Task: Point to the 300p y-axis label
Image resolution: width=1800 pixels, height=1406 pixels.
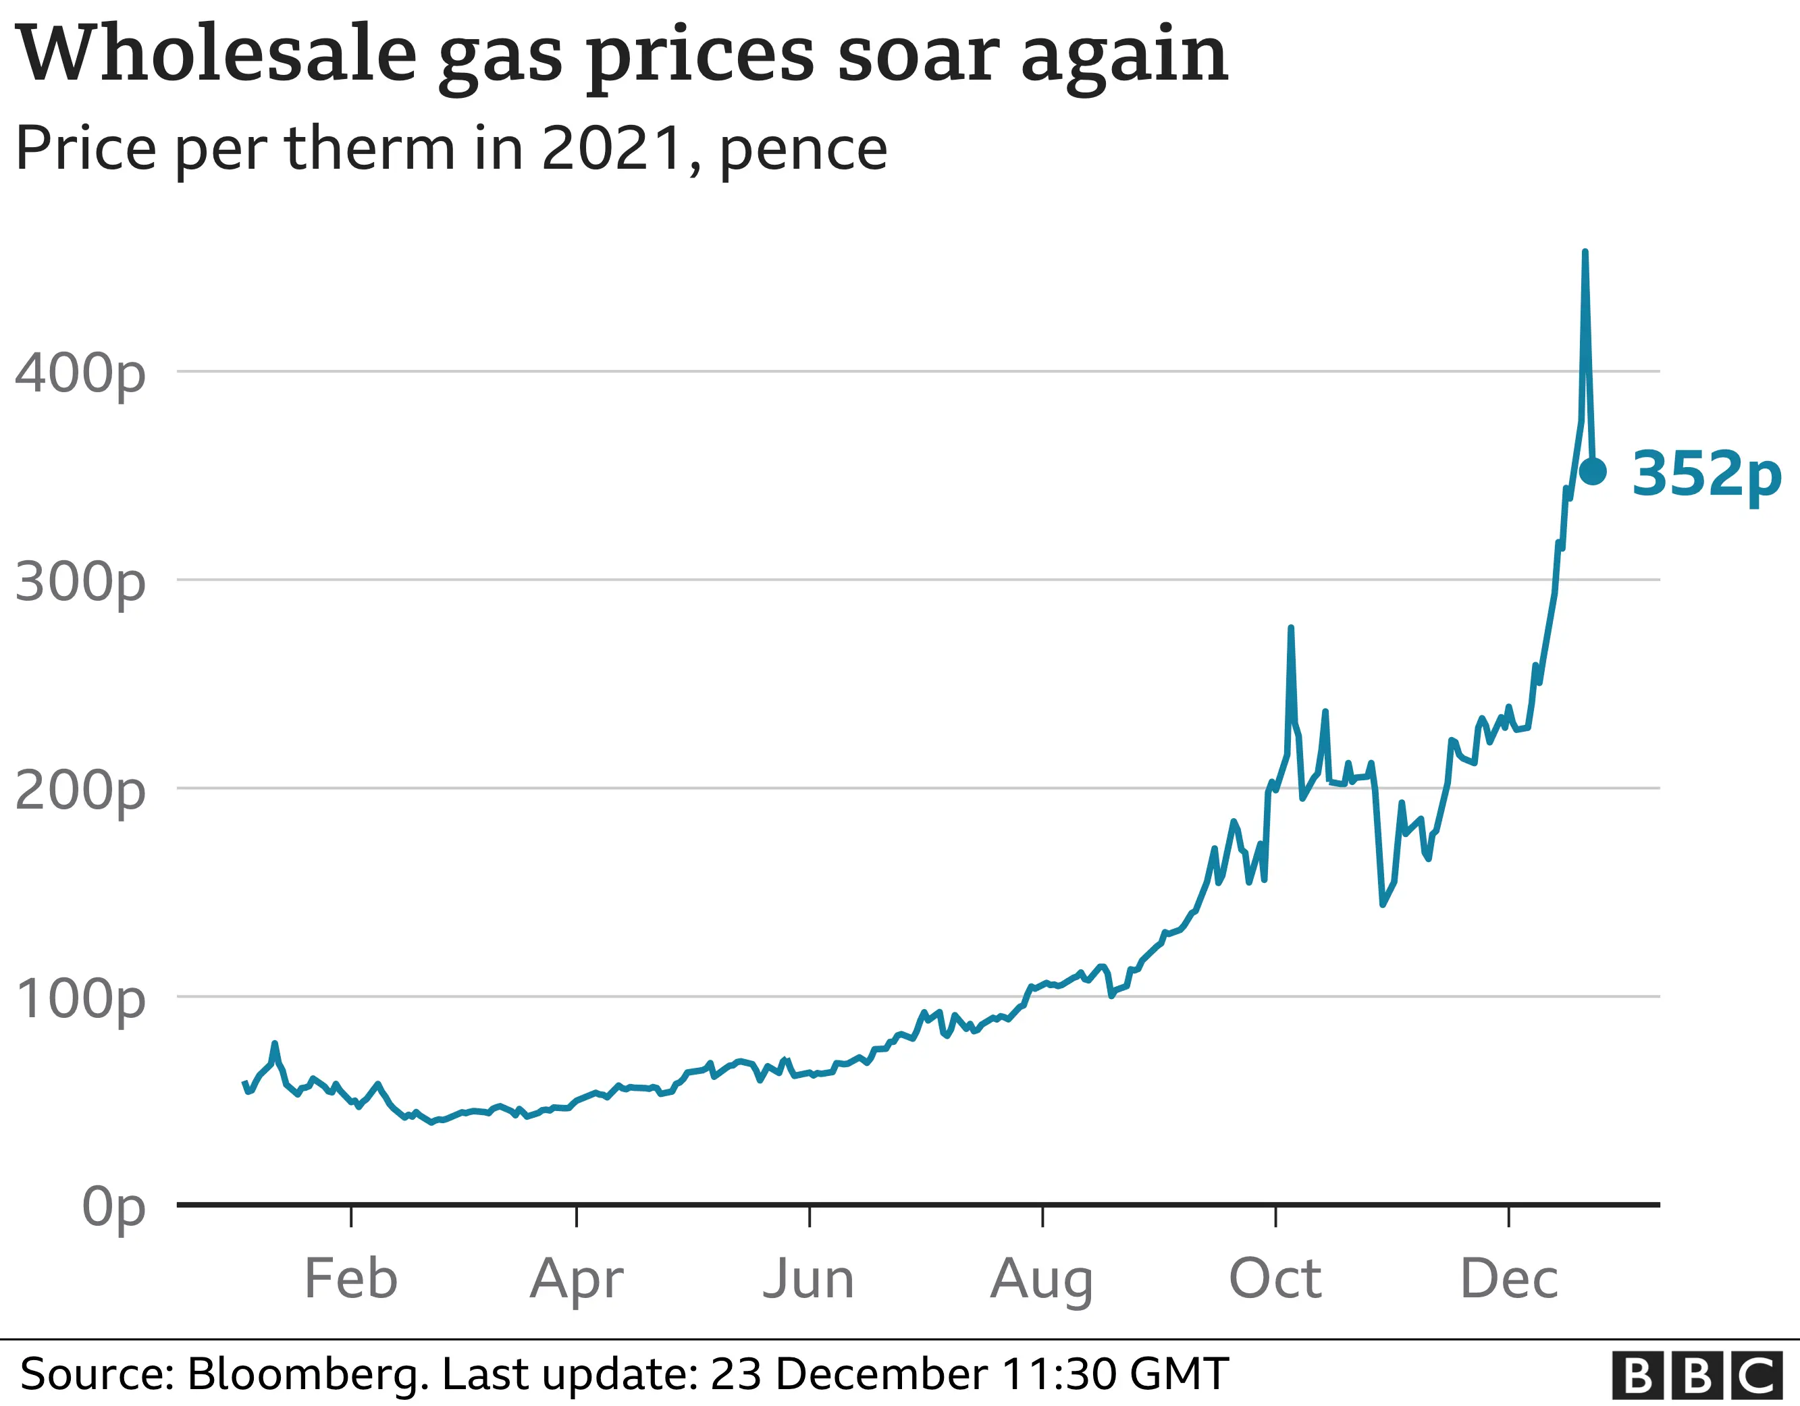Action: [x=80, y=583]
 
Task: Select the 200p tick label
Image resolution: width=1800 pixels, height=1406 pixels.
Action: [x=80, y=791]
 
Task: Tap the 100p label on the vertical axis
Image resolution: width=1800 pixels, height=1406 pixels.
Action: [x=80, y=1000]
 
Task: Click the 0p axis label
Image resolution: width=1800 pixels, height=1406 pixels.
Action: [x=113, y=1208]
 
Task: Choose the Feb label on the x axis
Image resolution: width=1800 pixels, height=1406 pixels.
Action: [x=351, y=1279]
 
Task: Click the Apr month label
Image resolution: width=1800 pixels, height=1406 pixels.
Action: [x=576, y=1279]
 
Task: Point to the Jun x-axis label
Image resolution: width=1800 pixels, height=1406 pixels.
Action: [x=809, y=1279]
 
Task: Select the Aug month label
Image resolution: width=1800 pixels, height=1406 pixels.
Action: [x=1042, y=1279]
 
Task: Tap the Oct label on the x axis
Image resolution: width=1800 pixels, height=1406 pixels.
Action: [x=1275, y=1279]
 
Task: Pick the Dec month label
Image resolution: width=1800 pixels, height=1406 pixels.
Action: [x=1509, y=1279]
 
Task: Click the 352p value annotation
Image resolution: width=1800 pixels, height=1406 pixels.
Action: [x=1706, y=475]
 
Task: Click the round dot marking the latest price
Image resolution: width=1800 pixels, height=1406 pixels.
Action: [x=1592, y=471]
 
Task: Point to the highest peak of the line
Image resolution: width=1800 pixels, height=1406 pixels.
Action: [x=1585, y=252]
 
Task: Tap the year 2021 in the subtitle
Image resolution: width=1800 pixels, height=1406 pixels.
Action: [x=612, y=149]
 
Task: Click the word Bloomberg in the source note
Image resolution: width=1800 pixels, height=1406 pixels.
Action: [x=307, y=1374]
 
